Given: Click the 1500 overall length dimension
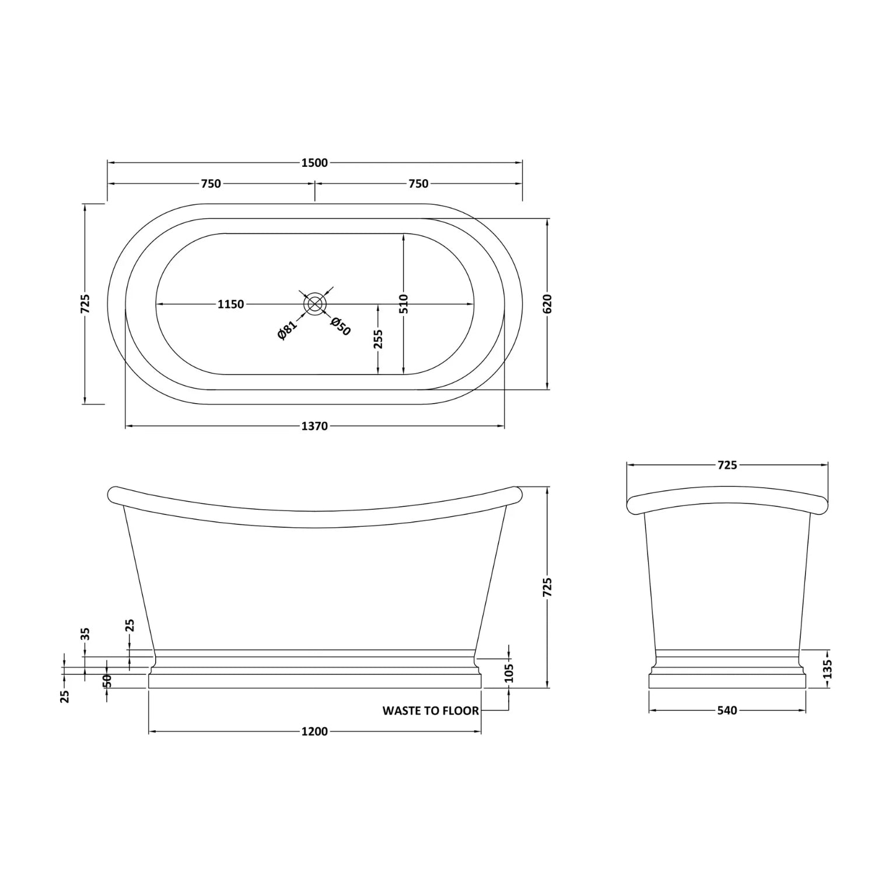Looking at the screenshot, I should coord(314,163).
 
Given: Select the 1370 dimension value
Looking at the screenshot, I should coord(314,426).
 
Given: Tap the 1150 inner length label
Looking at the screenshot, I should coord(231,304).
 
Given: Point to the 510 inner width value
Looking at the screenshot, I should coord(404,304).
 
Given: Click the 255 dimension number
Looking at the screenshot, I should coord(378,339).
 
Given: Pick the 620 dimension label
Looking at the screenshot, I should coord(547,304).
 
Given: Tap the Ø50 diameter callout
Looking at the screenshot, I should coord(341,327).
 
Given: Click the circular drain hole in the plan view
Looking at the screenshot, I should coord(315,304).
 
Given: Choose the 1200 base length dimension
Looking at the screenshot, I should coord(314,731).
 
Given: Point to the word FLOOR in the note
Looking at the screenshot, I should coord(460,710).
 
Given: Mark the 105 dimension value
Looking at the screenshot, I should coord(509,673).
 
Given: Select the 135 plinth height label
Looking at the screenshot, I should coord(827,668).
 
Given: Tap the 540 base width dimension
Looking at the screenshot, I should coord(727,710).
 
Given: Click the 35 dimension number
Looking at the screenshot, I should coord(85,633).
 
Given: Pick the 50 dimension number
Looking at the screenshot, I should coord(107,681).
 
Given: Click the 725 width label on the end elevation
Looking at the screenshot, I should coord(727,465).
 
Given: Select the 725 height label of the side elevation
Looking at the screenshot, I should coord(547,587).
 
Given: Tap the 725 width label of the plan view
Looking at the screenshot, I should coord(85,304).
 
